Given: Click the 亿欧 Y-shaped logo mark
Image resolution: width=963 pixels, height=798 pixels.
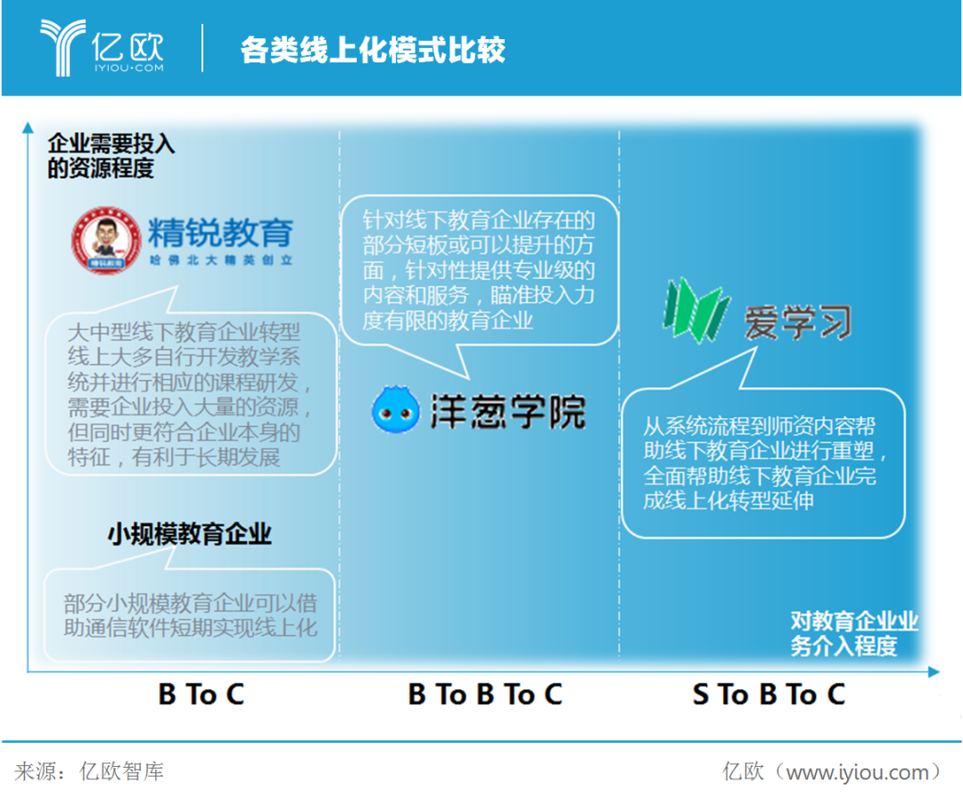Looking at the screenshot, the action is tap(62, 46).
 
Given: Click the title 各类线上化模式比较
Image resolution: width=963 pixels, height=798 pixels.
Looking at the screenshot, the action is tap(373, 50).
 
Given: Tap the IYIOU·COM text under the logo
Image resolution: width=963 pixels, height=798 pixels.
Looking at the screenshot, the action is tap(129, 68).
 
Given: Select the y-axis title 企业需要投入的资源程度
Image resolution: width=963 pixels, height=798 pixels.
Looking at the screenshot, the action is tap(111, 155).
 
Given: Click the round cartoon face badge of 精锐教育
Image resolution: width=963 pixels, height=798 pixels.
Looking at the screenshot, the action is tap(106, 240).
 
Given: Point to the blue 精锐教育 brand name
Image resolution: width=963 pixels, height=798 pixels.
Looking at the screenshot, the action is tap(221, 233).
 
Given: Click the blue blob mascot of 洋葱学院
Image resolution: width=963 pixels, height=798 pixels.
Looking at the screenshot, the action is tap(396, 409).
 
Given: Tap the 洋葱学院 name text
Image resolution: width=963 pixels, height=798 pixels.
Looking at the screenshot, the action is tap(508, 411).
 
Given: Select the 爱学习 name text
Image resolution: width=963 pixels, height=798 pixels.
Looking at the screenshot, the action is tap(798, 322).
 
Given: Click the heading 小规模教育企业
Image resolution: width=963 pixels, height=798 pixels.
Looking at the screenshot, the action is tap(190, 534).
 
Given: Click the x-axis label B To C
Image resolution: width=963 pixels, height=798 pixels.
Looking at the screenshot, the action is tap(202, 695).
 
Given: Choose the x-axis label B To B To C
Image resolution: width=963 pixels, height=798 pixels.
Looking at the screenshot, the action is tap(485, 695).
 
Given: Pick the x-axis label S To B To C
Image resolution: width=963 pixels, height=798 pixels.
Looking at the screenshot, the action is tap(769, 695).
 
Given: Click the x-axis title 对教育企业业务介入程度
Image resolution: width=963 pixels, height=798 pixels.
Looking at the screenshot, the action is tap(854, 633).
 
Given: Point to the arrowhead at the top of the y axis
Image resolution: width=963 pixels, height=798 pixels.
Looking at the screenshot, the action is tap(28, 128).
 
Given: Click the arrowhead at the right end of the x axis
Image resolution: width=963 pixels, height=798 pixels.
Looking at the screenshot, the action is tap(934, 672).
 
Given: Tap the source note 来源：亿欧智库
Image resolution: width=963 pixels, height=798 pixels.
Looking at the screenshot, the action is tap(90, 771).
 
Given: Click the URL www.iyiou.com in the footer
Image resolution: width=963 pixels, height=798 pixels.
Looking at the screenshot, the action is tap(858, 772).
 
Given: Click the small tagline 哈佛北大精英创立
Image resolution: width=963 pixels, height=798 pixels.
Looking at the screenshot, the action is tap(221, 260).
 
